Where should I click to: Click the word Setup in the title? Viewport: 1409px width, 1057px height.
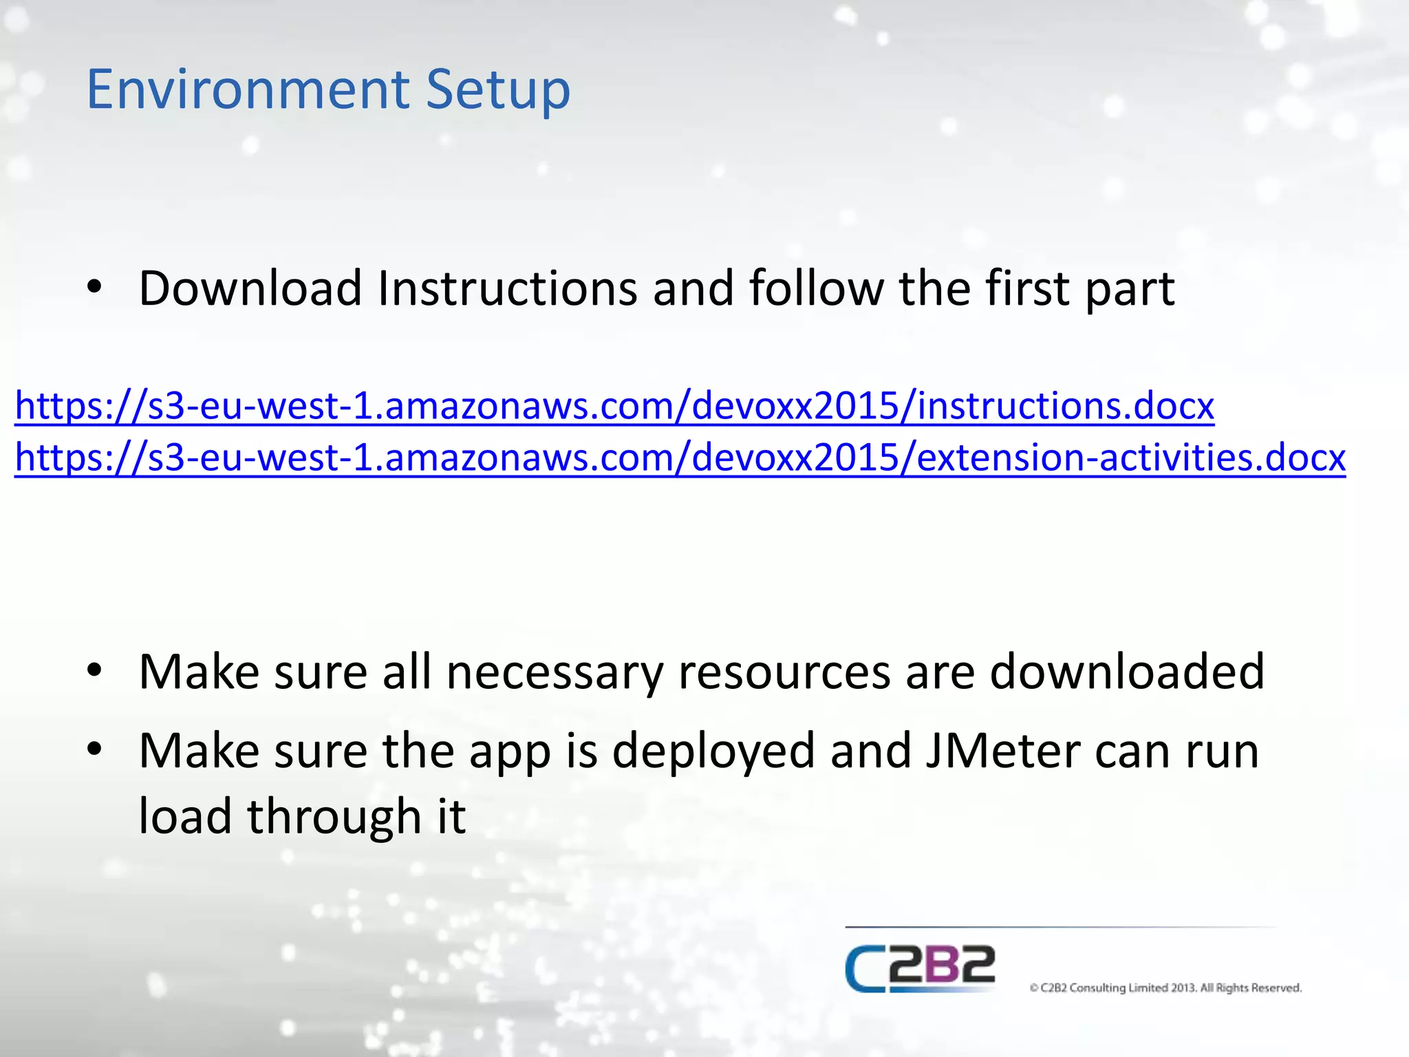[x=498, y=91]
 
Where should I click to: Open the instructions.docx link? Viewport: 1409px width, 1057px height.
[x=614, y=406]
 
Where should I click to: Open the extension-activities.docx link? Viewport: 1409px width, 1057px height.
[x=680, y=458]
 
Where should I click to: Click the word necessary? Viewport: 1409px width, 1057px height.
[x=555, y=672]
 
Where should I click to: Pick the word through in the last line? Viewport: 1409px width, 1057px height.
[x=334, y=817]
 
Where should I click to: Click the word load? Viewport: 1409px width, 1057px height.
[x=185, y=817]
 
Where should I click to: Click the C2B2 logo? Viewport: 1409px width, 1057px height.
[x=921, y=968]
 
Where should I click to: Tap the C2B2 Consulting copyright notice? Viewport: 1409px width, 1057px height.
[x=1165, y=988]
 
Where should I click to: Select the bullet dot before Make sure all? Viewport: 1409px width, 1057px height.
[x=95, y=670]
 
